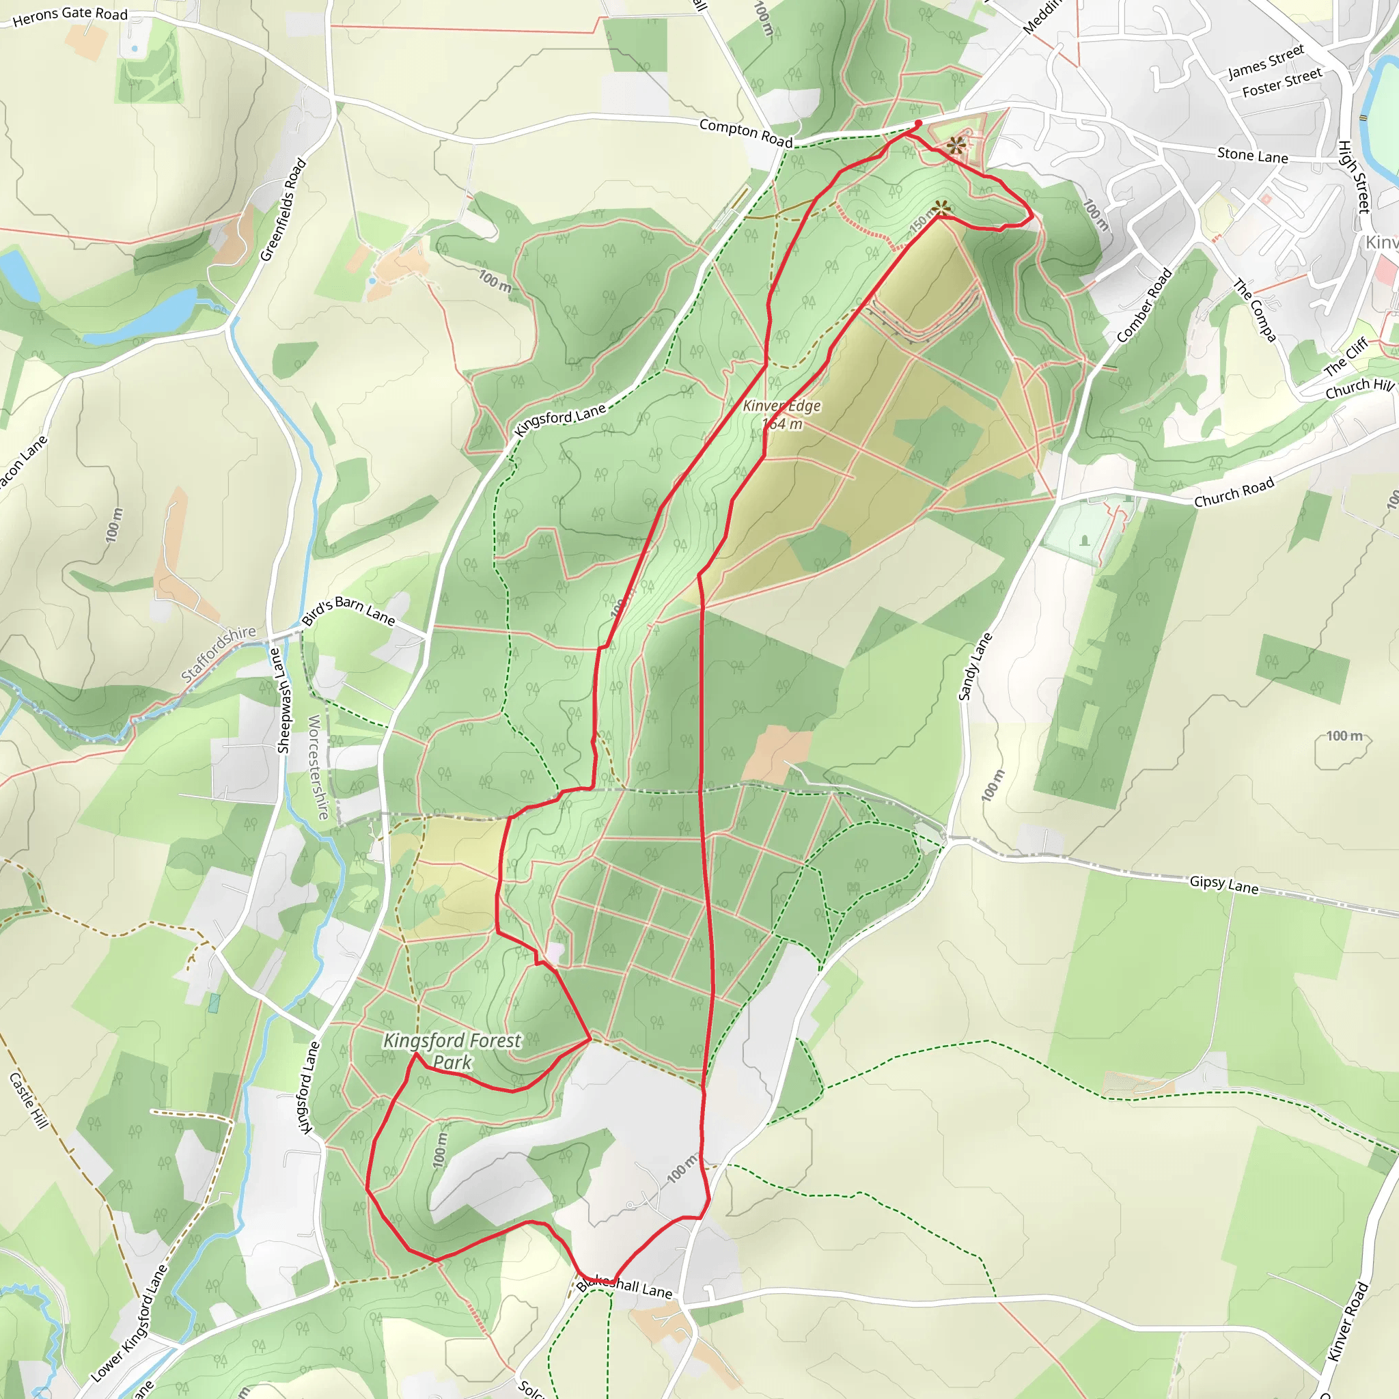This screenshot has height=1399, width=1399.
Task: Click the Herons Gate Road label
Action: (x=70, y=15)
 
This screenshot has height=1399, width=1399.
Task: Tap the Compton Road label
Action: (x=746, y=133)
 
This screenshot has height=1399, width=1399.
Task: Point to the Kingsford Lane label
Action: (x=559, y=419)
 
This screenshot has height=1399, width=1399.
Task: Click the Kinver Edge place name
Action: (x=781, y=406)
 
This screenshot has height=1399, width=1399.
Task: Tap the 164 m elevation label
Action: (x=782, y=424)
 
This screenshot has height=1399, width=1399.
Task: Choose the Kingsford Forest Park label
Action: (x=452, y=1051)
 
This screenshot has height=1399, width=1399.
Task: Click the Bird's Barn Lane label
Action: (x=348, y=611)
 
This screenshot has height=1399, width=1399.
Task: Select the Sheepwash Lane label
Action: (x=284, y=701)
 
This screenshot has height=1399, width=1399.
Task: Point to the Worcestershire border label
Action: (x=318, y=767)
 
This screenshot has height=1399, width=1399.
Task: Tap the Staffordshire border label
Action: (x=218, y=653)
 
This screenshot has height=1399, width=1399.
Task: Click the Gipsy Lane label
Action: (x=1223, y=885)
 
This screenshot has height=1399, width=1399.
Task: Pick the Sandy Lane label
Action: (x=975, y=667)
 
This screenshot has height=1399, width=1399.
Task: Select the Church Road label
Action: (x=1233, y=493)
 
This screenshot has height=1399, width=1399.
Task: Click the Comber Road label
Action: (x=1144, y=305)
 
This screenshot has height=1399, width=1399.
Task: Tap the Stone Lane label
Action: (x=1252, y=156)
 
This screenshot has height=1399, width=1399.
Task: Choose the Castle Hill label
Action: (x=28, y=1100)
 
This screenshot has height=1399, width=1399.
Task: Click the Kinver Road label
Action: (x=1348, y=1322)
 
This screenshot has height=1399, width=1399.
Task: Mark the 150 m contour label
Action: (x=921, y=221)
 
